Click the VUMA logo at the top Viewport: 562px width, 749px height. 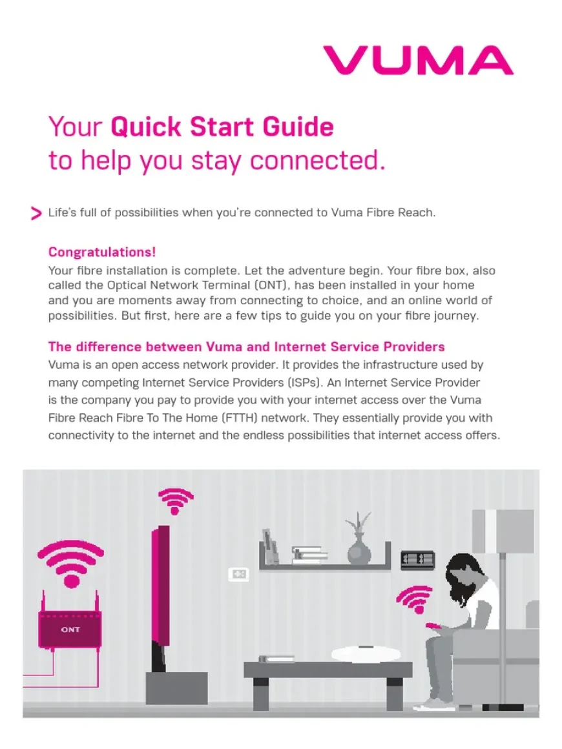(x=418, y=61)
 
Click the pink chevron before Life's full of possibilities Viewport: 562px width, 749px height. (x=36, y=214)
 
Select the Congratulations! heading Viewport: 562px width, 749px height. (x=102, y=252)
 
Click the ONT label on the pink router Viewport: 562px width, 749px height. (x=70, y=630)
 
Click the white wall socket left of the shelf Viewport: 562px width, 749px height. (x=238, y=574)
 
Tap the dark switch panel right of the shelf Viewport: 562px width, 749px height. (x=417, y=559)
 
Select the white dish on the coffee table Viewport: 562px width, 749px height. (x=362, y=653)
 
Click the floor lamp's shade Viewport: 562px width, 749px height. (x=503, y=531)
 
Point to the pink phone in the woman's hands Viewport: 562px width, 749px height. (x=431, y=626)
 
